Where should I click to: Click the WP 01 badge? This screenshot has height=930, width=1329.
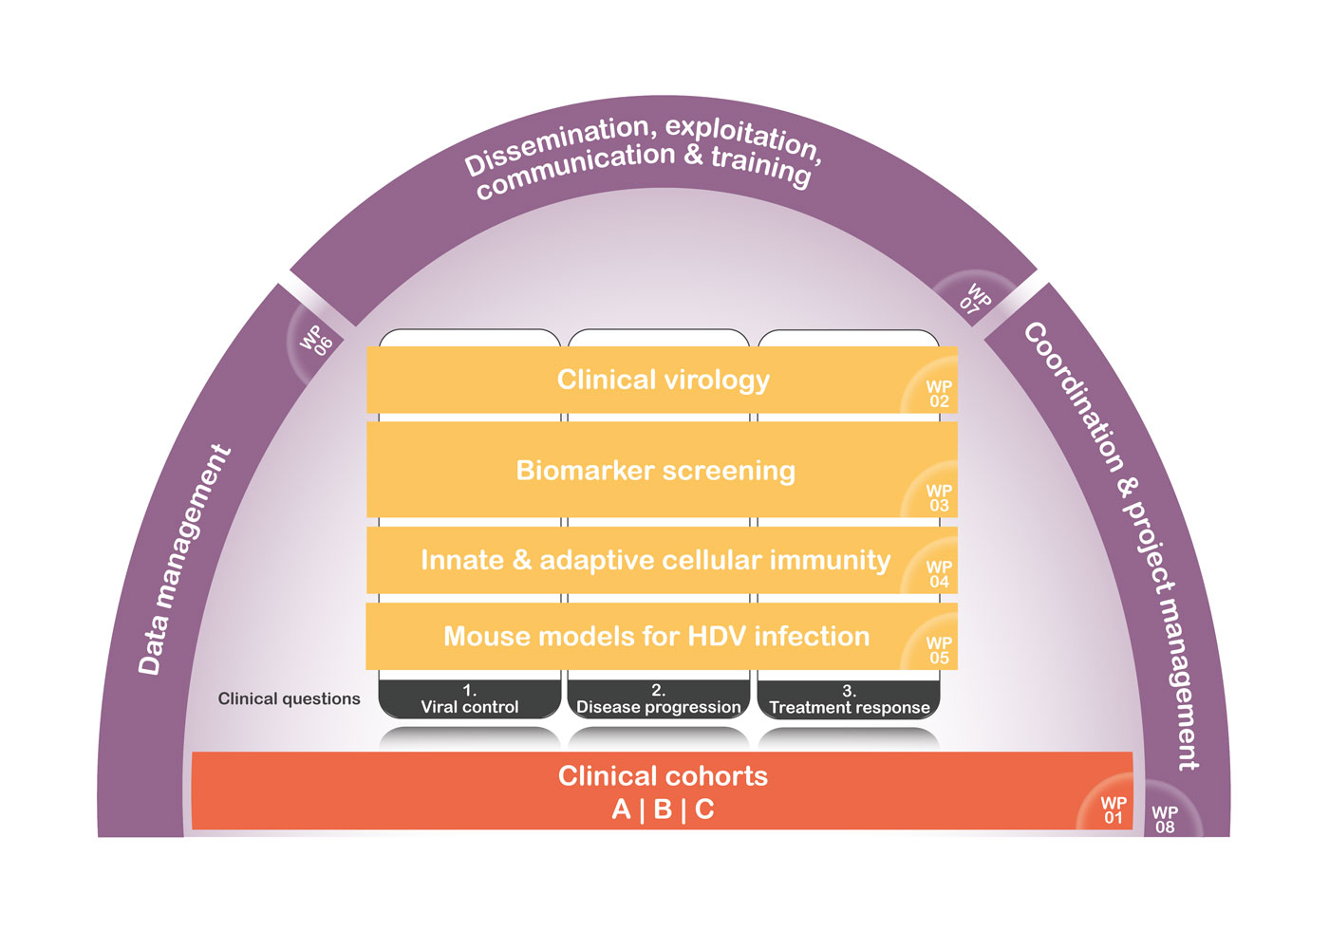pyautogui.click(x=1113, y=809)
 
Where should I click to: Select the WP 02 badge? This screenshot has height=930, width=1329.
pyautogui.click(x=938, y=393)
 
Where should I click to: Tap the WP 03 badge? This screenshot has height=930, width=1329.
pyautogui.click(x=938, y=497)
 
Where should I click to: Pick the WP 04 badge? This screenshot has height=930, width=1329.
pyautogui.click(x=938, y=573)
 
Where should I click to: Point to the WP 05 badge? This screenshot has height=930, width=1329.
pyautogui.click(x=938, y=650)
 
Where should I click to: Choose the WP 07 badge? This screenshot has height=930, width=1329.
pyautogui.click(x=975, y=299)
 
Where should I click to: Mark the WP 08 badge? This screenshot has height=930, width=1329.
pyautogui.click(x=1165, y=819)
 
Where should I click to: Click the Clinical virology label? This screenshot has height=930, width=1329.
pyautogui.click(x=663, y=380)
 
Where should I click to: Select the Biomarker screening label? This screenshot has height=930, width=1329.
pyautogui.click(x=655, y=471)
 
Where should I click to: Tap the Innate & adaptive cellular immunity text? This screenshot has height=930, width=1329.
pyautogui.click(x=655, y=560)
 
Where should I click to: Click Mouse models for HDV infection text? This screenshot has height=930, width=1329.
pyautogui.click(x=656, y=636)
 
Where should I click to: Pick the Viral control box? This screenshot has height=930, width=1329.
pyautogui.click(x=470, y=699)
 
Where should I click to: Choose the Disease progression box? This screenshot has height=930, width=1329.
pyautogui.click(x=658, y=699)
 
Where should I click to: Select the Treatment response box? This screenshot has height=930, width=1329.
pyautogui.click(x=849, y=699)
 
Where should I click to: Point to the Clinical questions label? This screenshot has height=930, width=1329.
pyautogui.click(x=289, y=698)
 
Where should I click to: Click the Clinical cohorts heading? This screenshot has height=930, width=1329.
pyautogui.click(x=663, y=776)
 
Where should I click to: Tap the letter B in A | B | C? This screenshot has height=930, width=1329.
pyautogui.click(x=663, y=809)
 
